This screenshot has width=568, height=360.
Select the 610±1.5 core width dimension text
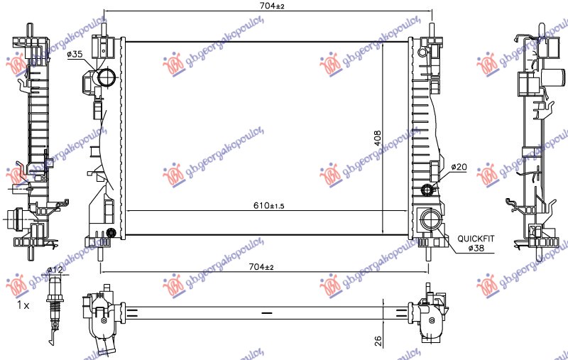(263, 205)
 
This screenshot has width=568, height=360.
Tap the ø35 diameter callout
(76, 54)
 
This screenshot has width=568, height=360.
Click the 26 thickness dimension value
(378, 342)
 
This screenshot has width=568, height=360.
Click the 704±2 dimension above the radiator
(266, 6)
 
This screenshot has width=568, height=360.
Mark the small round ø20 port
(427, 189)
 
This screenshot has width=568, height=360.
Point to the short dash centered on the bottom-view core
(267, 312)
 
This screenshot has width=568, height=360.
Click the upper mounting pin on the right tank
(431, 28)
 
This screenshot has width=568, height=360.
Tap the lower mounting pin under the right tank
(428, 251)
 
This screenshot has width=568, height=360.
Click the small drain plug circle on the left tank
(111, 233)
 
